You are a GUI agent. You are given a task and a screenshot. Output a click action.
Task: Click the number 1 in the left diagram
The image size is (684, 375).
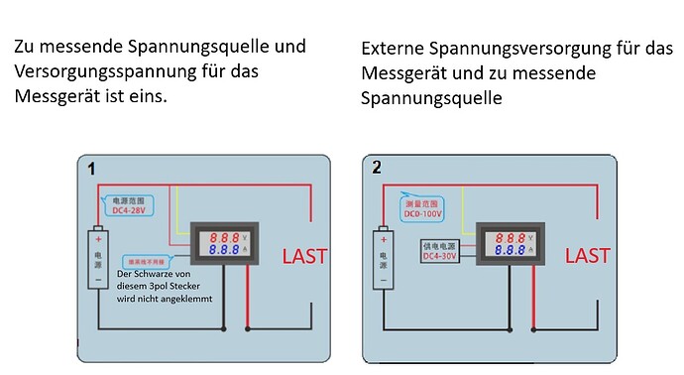pos(92,170)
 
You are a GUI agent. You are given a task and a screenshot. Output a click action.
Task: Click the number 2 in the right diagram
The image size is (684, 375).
pos(377,168)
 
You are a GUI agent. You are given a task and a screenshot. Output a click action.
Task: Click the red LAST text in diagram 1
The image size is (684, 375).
pos(304,256)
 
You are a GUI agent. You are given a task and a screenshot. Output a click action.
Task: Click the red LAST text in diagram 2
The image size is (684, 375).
pos(588,255)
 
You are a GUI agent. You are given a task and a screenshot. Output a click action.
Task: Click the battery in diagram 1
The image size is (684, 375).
pos(97,256)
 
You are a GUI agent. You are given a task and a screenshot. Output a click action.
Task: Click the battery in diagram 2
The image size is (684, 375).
pos(382,256)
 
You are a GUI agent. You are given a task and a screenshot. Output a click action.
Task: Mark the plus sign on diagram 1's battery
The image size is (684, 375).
pos(97,239)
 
